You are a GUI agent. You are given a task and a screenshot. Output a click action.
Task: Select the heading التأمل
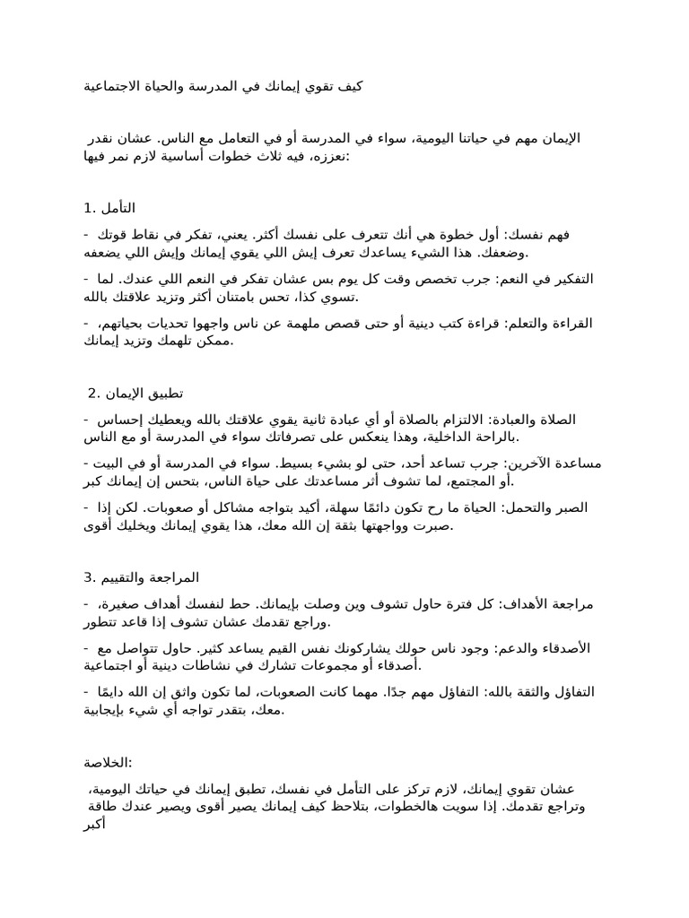118,209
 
